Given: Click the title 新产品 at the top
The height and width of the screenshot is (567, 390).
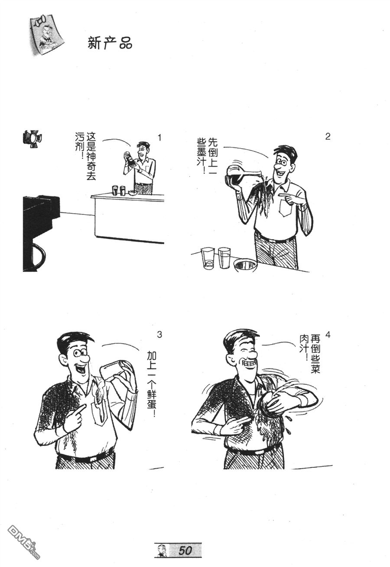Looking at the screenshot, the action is tap(110, 43).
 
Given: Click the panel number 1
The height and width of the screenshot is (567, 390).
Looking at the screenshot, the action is tap(159, 138).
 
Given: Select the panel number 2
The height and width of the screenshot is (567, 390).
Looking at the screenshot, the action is tap(328, 137).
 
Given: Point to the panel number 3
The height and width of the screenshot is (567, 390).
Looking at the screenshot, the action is tap(159, 334).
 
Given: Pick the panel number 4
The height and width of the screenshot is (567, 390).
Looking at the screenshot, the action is tap(328, 335).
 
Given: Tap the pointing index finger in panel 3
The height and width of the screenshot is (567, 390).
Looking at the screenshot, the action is tap(81, 408).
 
